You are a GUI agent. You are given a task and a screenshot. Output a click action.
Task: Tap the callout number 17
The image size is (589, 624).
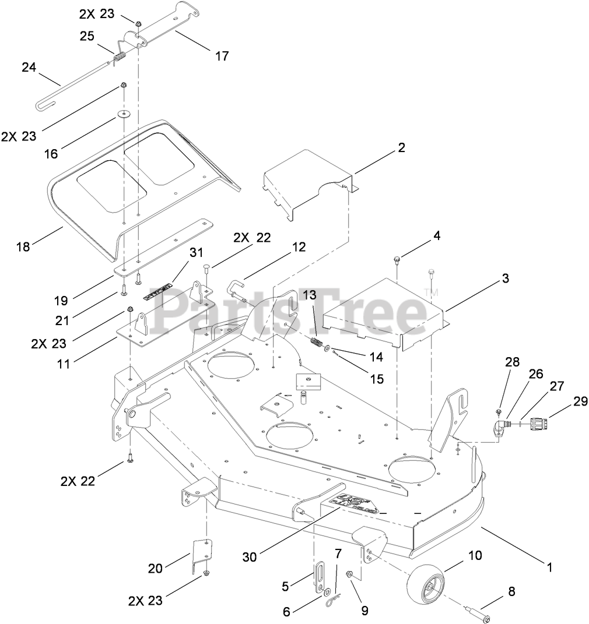(222, 56)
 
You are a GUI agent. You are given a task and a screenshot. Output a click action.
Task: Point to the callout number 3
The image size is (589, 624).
(504, 278)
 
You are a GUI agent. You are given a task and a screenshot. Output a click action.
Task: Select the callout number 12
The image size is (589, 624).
(299, 247)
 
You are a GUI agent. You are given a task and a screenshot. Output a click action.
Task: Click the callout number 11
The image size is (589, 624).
(64, 364)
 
